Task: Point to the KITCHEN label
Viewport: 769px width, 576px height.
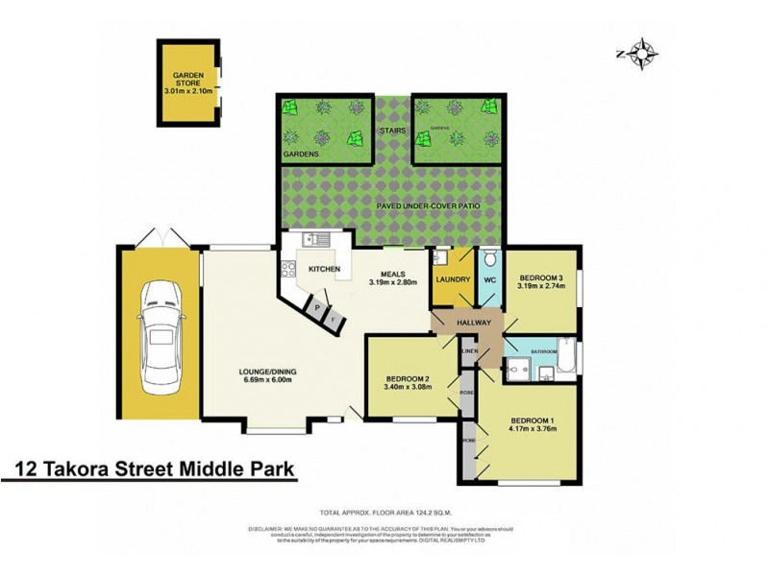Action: coord(323,270)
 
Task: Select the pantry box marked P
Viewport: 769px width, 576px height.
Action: coord(317,306)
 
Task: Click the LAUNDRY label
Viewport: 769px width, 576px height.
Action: coord(452,280)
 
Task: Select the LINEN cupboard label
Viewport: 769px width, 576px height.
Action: coord(469,352)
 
